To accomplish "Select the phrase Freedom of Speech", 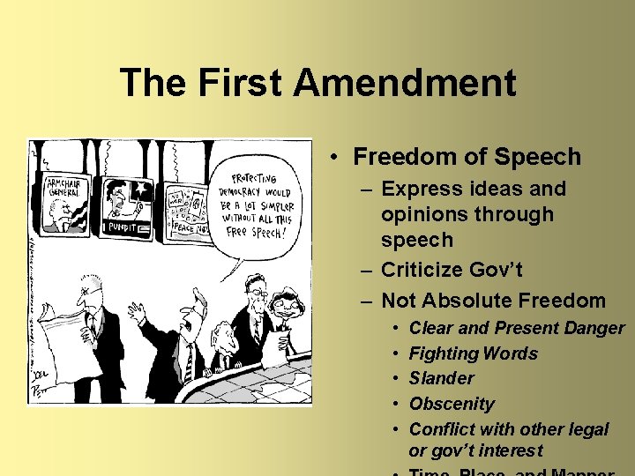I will click(x=467, y=157).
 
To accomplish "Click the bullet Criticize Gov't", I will click(x=452, y=270).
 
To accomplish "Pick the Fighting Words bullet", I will click(x=473, y=353).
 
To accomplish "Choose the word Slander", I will click(x=441, y=378).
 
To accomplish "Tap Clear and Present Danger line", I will click(x=517, y=328).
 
